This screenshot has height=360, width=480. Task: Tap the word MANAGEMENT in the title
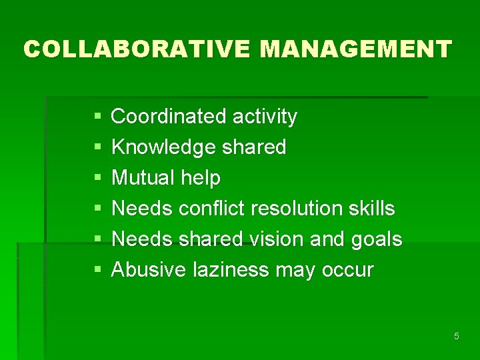pyautogui.click(x=356, y=49)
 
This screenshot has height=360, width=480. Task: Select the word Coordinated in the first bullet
pyautogui.click(x=169, y=117)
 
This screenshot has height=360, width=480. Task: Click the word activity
pyautogui.click(x=265, y=117)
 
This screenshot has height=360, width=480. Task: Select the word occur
pyautogui.click(x=347, y=271)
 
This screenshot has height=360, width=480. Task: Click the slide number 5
pyautogui.click(x=457, y=336)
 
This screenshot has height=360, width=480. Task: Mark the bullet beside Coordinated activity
pyautogui.click(x=98, y=117)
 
